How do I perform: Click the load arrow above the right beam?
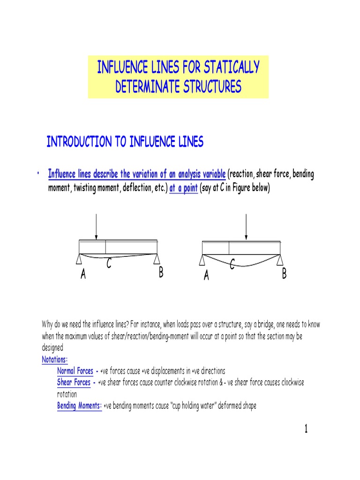click(246, 228)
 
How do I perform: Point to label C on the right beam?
click(232, 266)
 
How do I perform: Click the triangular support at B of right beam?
click(280, 259)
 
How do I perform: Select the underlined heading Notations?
click(55, 360)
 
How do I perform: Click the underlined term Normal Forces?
click(75, 371)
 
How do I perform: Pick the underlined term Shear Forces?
click(74, 382)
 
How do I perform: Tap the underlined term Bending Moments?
click(79, 406)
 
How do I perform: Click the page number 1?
click(306, 429)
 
